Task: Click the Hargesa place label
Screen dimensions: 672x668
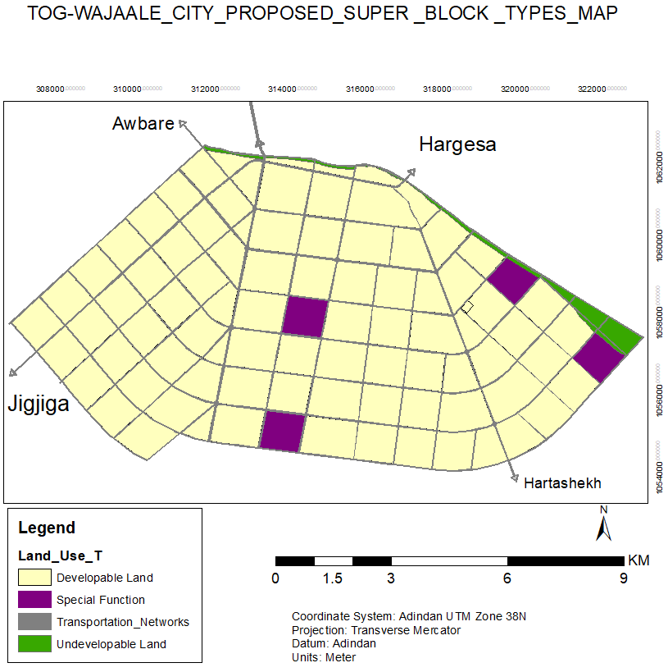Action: (457, 144)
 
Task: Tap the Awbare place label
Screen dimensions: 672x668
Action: (143, 124)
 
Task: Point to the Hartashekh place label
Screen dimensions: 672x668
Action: (562, 482)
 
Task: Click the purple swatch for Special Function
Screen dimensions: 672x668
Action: (35, 600)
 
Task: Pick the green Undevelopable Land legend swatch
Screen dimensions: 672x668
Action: (35, 644)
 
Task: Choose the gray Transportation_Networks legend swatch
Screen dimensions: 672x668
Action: (35, 622)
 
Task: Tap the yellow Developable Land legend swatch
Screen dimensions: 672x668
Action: (35, 578)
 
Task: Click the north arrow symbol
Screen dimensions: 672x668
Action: (604, 524)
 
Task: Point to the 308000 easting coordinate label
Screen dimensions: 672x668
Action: (51, 89)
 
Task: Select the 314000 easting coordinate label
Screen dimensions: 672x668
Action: (284, 89)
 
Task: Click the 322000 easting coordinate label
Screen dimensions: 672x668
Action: (593, 89)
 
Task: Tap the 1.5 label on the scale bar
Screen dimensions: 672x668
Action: (333, 578)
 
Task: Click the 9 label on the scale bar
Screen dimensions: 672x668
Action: (623, 578)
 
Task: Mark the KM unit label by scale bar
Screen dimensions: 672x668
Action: (638, 561)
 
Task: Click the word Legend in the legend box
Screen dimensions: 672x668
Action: (47, 528)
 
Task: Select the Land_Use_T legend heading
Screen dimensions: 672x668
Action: (60, 555)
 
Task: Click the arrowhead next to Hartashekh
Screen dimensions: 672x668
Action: (515, 478)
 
